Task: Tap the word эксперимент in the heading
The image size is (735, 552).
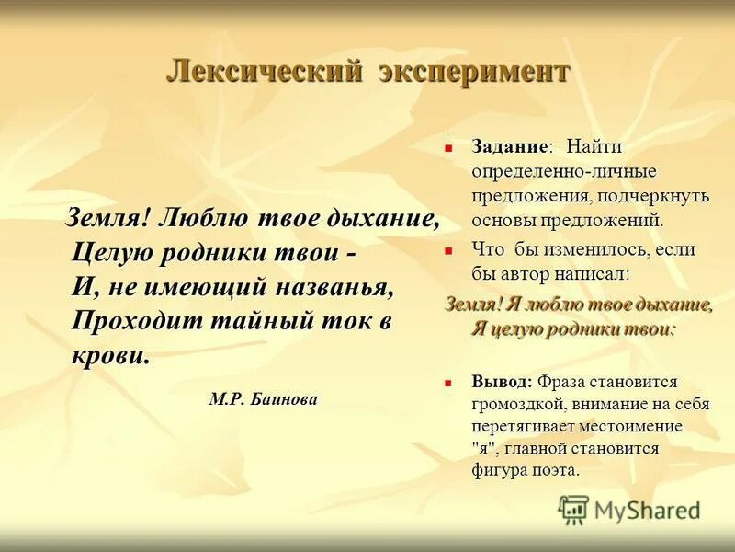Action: tap(475, 72)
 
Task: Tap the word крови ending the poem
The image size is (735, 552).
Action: tap(109, 355)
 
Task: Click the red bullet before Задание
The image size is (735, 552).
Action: tap(449, 147)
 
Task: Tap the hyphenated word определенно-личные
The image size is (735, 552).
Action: tap(564, 172)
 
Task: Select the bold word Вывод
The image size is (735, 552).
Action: tap(501, 381)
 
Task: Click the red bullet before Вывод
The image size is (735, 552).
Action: tap(449, 381)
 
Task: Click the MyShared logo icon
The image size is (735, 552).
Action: tap(574, 510)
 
